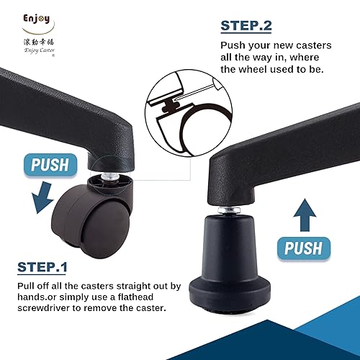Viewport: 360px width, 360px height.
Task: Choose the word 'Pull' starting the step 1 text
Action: [x=27, y=286]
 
